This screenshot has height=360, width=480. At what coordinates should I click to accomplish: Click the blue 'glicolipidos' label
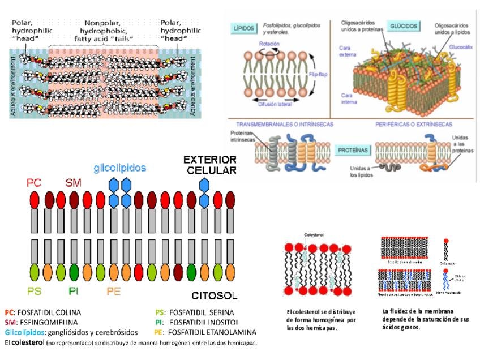pyautogui.click(x=119, y=168)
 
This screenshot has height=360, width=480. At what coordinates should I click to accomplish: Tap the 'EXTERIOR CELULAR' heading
pyautogui.click(x=210, y=164)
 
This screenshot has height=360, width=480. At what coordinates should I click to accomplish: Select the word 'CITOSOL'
pyautogui.click(x=214, y=295)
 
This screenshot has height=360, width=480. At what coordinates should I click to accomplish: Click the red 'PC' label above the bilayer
pyautogui.click(x=34, y=183)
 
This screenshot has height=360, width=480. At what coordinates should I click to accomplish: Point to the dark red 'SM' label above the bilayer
pyautogui.click(x=73, y=183)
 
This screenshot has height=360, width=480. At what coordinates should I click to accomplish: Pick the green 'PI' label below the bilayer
pyautogui.click(x=74, y=291)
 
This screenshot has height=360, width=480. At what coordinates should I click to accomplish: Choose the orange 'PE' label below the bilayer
pyautogui.click(x=113, y=291)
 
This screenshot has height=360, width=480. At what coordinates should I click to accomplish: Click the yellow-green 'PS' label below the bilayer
pyautogui.click(x=35, y=291)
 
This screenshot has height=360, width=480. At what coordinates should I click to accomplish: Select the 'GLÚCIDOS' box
pyautogui.click(x=404, y=26)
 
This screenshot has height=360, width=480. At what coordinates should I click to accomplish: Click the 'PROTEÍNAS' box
pyautogui.click(x=353, y=150)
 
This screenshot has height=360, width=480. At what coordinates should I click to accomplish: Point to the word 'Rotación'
pyautogui.click(x=269, y=44)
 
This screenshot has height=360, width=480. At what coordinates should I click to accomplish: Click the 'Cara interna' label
pyautogui.click(x=347, y=98)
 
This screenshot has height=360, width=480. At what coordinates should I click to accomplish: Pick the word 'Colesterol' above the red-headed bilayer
pyautogui.click(x=313, y=234)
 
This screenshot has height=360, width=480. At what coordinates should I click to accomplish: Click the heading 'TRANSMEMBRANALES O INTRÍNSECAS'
pyautogui.click(x=284, y=123)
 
